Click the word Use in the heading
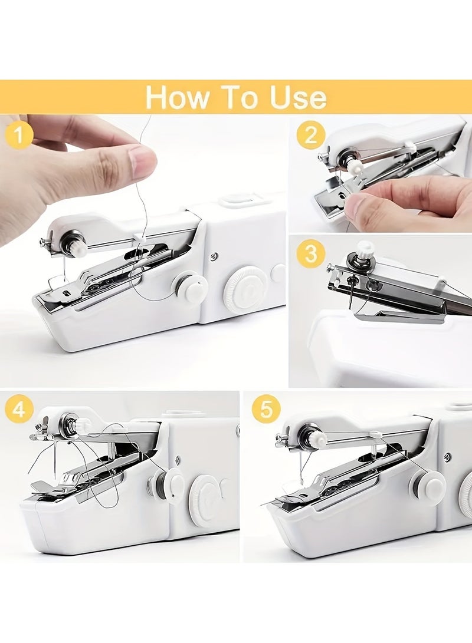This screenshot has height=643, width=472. point(298,97)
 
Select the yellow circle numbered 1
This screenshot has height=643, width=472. point(19,136)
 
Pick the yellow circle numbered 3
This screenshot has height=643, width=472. point(311,255)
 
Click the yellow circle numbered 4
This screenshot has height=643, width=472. point(19,409)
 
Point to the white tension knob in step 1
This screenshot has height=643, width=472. point(76,245)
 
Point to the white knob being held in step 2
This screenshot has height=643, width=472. point(354,167)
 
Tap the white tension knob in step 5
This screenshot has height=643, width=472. point(316,438)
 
